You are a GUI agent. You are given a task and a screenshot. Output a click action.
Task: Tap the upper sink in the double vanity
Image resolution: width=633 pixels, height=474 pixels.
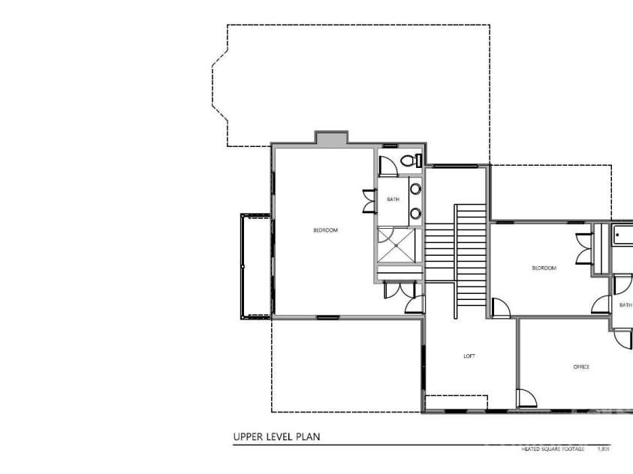click(415, 188)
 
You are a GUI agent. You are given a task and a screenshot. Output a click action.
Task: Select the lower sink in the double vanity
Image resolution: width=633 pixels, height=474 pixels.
click(415, 214)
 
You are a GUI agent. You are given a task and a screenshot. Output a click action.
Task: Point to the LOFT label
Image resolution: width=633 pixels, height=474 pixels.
click(469, 356)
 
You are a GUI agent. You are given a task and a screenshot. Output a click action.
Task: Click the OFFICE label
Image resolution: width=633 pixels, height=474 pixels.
click(581, 367)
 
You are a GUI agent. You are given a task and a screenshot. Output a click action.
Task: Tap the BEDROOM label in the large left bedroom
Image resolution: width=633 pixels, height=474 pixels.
click(325, 230)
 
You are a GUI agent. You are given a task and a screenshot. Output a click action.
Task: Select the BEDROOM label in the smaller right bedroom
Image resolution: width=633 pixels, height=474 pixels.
click(544, 268)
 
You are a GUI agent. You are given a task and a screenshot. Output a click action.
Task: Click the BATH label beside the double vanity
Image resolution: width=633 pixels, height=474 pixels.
click(393, 199)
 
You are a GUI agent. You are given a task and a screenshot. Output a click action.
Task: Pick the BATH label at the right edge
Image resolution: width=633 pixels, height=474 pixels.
click(625, 305)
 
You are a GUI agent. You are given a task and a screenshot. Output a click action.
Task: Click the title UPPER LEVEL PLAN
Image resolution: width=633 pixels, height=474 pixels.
click(277, 436)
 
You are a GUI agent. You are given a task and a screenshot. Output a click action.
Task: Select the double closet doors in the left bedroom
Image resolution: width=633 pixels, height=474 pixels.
click(369, 201)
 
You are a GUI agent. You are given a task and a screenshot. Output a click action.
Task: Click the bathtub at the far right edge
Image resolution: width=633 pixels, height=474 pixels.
click(624, 235)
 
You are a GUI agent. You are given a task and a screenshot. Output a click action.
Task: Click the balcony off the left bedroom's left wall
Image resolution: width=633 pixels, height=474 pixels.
click(255, 265)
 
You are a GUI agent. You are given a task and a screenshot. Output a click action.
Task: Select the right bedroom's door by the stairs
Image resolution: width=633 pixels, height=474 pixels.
click(499, 307)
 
